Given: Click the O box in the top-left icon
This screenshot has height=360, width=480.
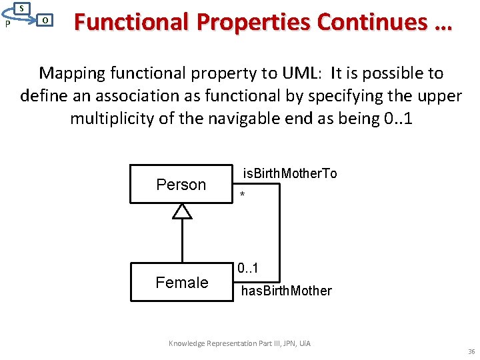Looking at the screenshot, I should coord(44,20).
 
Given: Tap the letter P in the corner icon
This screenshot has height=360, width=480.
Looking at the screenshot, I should coord(6,24).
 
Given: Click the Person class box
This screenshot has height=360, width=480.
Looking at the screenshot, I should coord(181,185).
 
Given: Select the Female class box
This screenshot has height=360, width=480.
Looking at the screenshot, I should coord(181,282).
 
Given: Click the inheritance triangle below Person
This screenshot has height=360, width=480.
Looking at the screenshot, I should coord(181,211).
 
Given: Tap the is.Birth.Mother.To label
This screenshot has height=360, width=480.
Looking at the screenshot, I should coord(289,174).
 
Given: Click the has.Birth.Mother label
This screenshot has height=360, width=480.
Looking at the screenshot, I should coord(286,291).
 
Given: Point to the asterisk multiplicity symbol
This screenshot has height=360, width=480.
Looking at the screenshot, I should coord(243,195).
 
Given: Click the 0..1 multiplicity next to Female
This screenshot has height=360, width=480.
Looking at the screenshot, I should coord(249,269).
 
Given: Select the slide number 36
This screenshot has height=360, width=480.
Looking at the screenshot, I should coord(471,351).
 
